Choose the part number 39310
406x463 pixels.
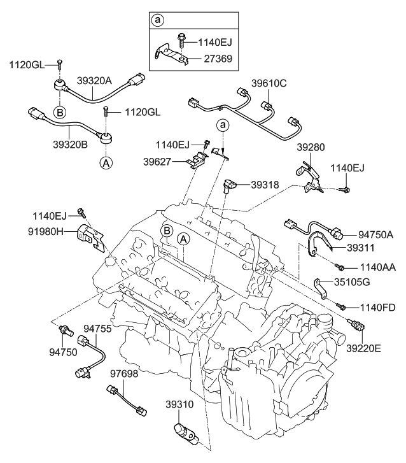point(180,404)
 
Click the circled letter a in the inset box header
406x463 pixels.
point(157,20)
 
